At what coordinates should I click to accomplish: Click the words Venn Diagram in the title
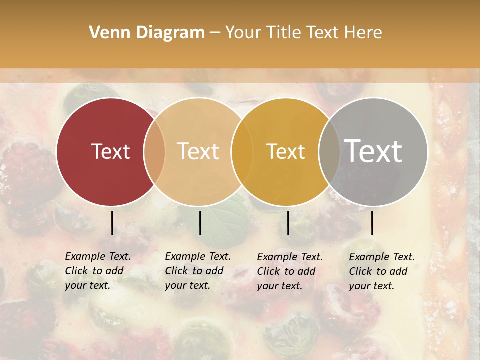click(x=147, y=33)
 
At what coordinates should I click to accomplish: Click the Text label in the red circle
click(x=110, y=151)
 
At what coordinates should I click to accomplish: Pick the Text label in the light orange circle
click(x=198, y=151)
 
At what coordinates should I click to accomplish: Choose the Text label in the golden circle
click(x=285, y=151)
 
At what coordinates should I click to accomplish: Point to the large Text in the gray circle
click(x=373, y=151)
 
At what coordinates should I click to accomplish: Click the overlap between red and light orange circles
click(x=154, y=151)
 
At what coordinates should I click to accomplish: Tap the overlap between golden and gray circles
click(x=329, y=151)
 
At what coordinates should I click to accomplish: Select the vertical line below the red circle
click(x=112, y=223)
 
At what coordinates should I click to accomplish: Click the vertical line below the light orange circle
click(x=200, y=223)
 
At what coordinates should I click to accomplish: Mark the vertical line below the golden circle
click(x=288, y=223)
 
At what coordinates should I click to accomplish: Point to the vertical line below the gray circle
click(x=372, y=223)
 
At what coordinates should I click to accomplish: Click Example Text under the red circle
click(x=98, y=256)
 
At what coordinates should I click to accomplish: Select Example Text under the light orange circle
click(x=198, y=256)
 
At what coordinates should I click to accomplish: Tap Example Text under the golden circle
click(x=290, y=257)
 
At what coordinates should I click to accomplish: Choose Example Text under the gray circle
click(x=382, y=257)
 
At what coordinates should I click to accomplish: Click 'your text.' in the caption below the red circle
click(x=87, y=286)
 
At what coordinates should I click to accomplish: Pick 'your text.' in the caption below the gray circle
click(x=371, y=286)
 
